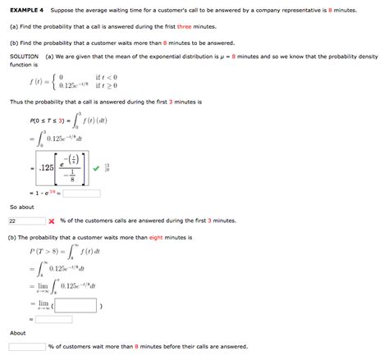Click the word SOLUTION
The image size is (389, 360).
point(24,56)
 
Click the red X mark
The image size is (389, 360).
point(51,221)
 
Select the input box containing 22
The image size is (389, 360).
point(25,221)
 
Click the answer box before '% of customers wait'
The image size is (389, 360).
point(27,347)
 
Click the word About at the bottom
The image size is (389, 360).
point(17,333)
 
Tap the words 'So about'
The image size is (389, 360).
point(22,207)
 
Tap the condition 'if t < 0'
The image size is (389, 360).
point(108,77)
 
